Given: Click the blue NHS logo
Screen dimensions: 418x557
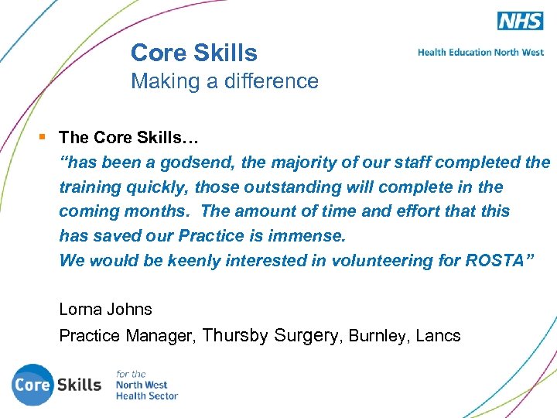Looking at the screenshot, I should click(520, 21).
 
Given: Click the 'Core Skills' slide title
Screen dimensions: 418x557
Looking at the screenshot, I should click(193, 53).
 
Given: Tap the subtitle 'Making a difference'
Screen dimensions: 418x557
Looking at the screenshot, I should click(224, 81).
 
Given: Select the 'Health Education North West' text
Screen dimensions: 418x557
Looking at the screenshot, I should click(480, 53).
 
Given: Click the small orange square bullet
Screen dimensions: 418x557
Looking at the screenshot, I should click(43, 137).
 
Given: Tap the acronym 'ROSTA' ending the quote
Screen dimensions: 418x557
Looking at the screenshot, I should click(495, 260).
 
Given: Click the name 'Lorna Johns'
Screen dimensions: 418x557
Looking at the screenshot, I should click(105, 309).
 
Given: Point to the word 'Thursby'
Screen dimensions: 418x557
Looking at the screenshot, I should click(235, 335).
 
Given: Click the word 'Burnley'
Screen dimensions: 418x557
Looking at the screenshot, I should click(377, 336).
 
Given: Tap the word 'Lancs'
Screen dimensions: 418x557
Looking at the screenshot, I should click(438, 336).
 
